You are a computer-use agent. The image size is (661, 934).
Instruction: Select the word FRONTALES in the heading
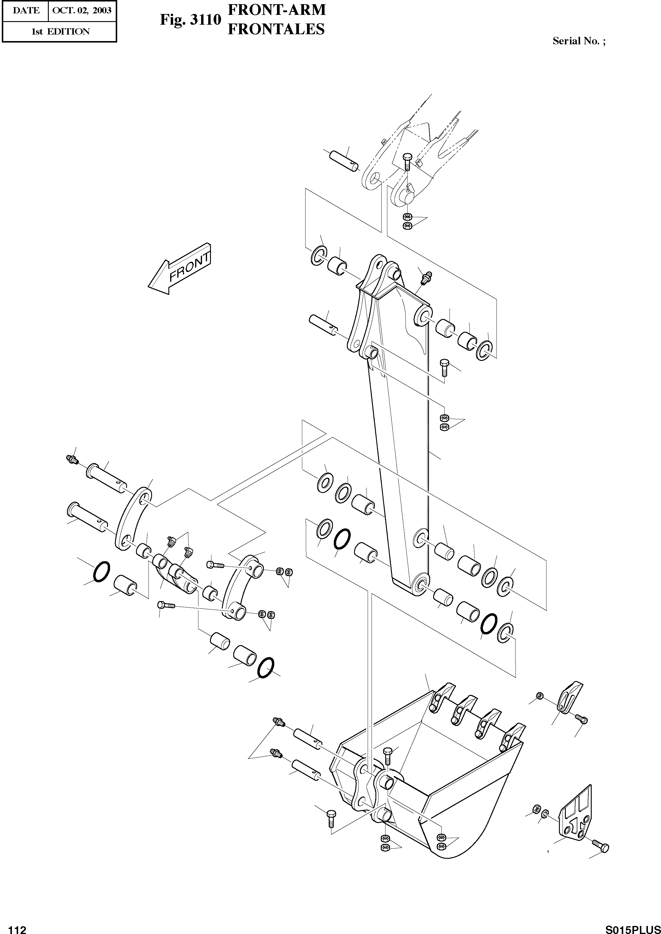pos(276,29)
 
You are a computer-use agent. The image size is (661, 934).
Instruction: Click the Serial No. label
pos(578,41)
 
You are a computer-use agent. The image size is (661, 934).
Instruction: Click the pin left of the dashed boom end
pos(344,160)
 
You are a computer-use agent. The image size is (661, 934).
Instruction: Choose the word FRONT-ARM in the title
pos(277,10)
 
